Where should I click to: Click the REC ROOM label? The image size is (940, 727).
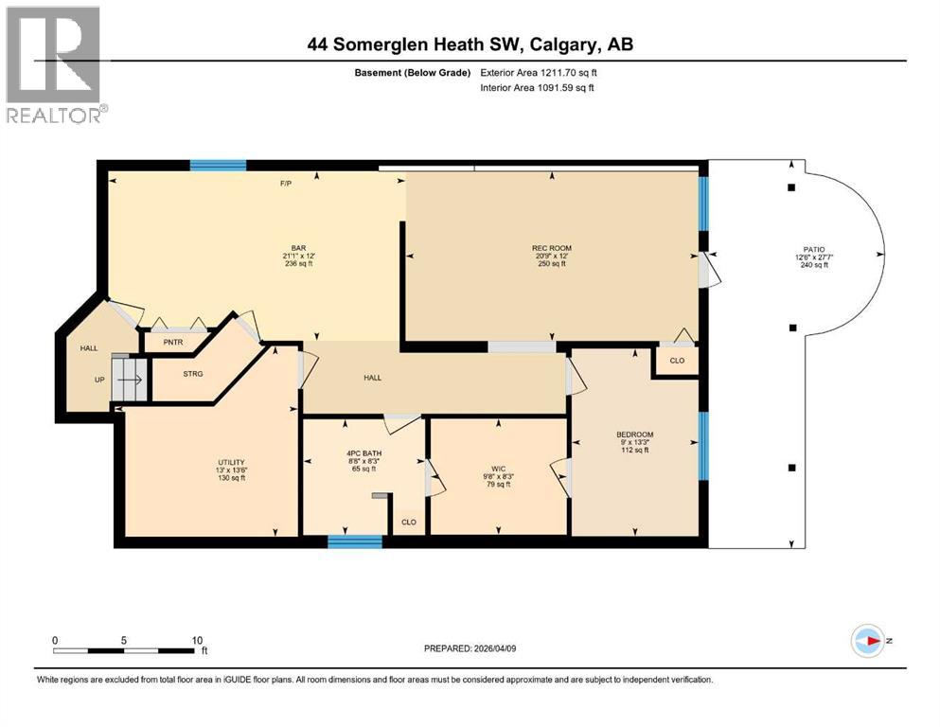[551, 248]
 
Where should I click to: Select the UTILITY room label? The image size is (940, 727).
[231, 462]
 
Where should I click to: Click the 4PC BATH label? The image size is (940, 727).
[363, 452]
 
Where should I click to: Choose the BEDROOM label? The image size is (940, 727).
[634, 434]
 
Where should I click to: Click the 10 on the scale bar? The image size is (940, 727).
[197, 639]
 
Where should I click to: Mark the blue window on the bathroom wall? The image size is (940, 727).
[355, 541]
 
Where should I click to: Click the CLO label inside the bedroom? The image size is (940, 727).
[676, 362]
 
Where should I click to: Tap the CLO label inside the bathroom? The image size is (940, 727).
[409, 522]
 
